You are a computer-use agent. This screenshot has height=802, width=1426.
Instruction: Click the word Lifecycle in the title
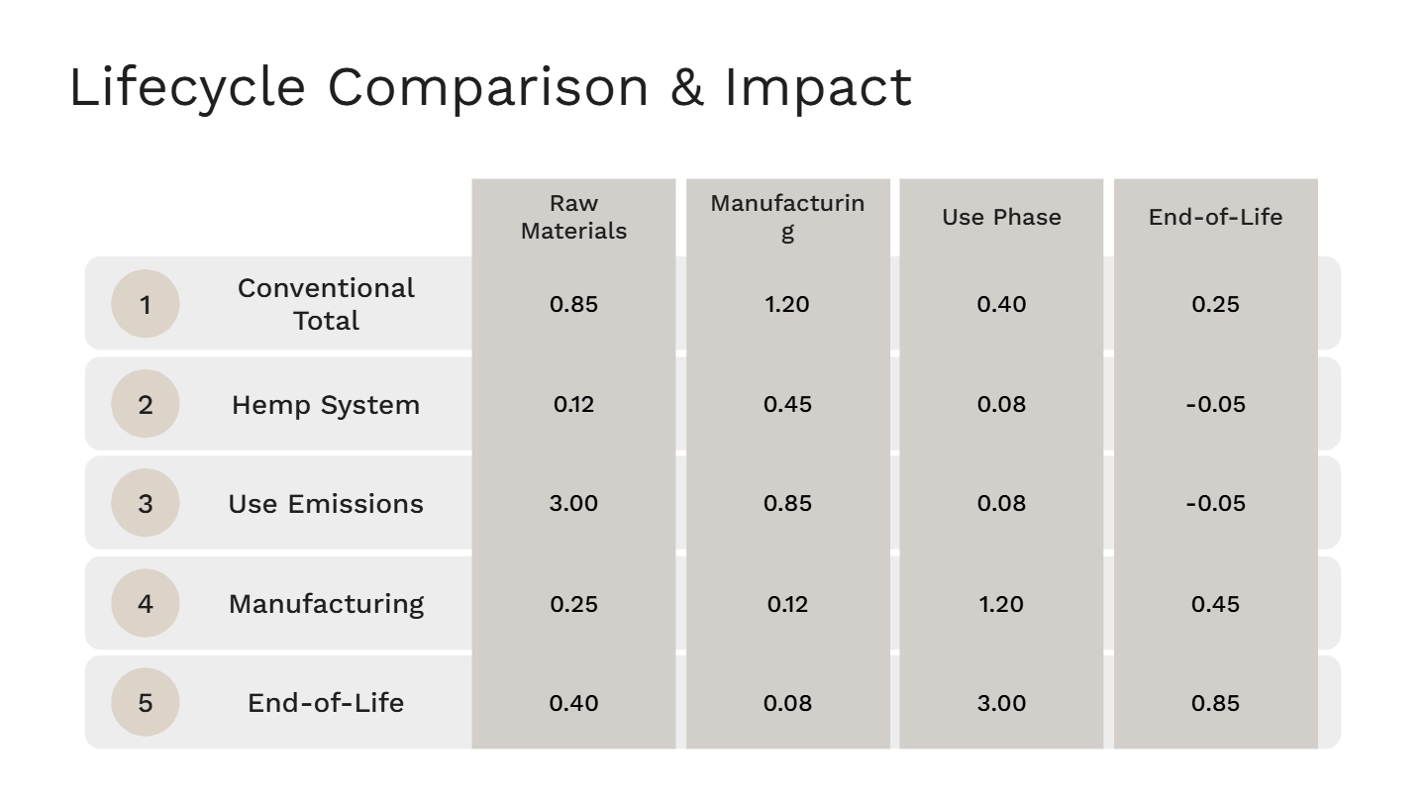tap(187, 87)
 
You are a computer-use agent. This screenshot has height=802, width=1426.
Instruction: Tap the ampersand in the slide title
tap(687, 87)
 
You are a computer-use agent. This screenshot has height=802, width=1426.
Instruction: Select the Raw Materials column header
tap(573, 217)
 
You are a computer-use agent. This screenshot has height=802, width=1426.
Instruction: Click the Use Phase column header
tap(1001, 217)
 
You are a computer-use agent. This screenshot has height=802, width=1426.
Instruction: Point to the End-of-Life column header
tap(1215, 217)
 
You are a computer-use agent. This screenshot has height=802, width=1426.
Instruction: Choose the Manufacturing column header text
tap(787, 217)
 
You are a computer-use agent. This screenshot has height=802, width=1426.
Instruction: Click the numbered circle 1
tap(146, 304)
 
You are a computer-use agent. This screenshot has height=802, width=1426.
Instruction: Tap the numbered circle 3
tap(146, 503)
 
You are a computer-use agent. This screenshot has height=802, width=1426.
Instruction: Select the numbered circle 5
tap(146, 702)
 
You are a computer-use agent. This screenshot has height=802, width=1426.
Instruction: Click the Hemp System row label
tap(326, 405)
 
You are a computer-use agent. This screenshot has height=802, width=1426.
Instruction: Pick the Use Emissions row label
tap(326, 504)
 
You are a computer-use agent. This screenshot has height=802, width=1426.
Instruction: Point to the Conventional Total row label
tap(326, 304)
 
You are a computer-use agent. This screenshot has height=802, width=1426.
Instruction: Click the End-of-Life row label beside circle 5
tap(326, 703)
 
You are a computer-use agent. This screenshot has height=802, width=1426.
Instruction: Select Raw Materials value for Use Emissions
tap(573, 503)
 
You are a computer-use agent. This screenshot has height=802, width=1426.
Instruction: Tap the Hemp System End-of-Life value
tap(1215, 404)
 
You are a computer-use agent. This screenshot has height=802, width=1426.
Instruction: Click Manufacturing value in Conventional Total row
tap(787, 304)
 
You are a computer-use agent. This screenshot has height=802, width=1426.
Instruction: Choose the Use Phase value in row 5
tap(1001, 703)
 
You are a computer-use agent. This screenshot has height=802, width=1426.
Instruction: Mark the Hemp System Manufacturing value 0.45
tap(787, 404)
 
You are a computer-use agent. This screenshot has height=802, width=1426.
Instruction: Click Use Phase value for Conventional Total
tap(1001, 304)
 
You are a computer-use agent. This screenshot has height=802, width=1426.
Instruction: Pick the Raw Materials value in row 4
tap(573, 604)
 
